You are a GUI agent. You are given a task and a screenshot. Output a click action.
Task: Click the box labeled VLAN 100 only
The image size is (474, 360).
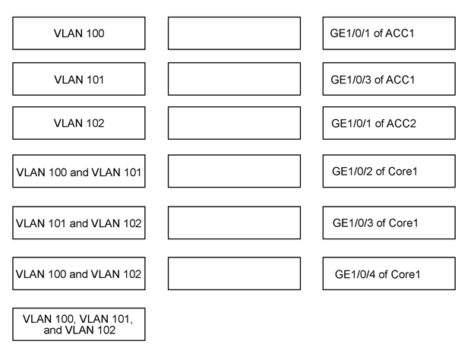(79, 33)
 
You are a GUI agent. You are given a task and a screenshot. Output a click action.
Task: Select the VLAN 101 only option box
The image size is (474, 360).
(79, 79)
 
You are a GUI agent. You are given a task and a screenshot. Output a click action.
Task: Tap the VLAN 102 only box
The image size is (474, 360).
(79, 123)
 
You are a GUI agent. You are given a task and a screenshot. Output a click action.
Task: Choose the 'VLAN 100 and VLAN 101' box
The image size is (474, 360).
(79, 172)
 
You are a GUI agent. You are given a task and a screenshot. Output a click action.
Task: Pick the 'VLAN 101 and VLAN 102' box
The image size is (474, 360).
(79, 223)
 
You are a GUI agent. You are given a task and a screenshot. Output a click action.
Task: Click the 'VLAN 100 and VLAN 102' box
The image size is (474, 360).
(79, 273)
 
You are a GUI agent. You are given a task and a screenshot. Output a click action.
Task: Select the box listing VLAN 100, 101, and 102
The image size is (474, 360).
(79, 324)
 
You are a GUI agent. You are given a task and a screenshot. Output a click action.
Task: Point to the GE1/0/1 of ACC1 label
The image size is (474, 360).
(389, 33)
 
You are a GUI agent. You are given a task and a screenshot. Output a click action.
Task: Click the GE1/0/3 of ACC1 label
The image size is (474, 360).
(389, 79)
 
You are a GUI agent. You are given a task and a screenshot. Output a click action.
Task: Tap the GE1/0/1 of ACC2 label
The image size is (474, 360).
(389, 123)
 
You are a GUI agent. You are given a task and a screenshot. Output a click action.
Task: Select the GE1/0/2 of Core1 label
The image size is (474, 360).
(389, 172)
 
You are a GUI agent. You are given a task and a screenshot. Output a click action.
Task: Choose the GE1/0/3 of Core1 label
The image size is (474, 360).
(389, 223)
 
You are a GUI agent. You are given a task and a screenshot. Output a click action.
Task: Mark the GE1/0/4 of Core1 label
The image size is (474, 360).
(389, 273)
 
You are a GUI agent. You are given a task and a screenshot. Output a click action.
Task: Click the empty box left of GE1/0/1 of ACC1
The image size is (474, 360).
(234, 33)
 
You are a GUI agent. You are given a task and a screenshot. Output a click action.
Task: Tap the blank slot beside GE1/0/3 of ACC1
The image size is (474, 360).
(234, 79)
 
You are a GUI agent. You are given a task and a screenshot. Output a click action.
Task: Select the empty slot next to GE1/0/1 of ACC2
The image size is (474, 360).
(234, 123)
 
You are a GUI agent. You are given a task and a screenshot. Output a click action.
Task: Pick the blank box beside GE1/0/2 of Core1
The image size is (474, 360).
(234, 172)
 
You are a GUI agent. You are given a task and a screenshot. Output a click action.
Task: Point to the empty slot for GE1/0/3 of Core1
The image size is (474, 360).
(234, 223)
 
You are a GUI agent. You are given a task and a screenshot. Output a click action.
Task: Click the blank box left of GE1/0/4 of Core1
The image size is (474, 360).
(234, 273)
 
